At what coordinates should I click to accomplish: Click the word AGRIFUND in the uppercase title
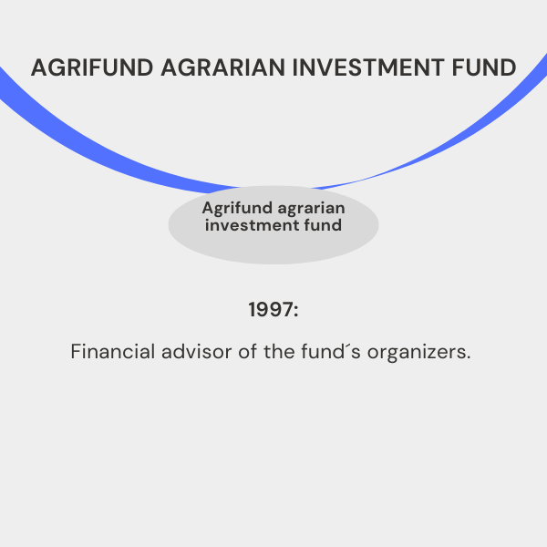tap(92, 67)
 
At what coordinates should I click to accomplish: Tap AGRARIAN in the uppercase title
tap(223, 67)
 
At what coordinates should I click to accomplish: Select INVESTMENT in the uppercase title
tap(368, 67)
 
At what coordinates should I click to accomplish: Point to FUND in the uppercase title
tap(484, 67)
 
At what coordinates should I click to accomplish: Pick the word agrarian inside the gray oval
tap(312, 209)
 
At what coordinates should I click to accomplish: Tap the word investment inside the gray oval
tap(252, 225)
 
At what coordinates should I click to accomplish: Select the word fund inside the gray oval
tap(323, 225)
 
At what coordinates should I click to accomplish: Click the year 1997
tap(271, 310)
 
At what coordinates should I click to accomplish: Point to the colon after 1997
tap(296, 311)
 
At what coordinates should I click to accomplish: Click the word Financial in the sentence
tap(113, 352)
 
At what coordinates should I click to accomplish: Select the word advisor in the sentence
tap(196, 352)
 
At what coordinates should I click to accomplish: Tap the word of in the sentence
tap(248, 352)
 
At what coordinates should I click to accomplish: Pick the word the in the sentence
tap(279, 352)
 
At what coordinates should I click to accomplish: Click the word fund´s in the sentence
tap(331, 352)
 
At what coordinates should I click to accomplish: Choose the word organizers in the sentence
tap(415, 353)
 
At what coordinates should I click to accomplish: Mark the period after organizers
tap(468, 357)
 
